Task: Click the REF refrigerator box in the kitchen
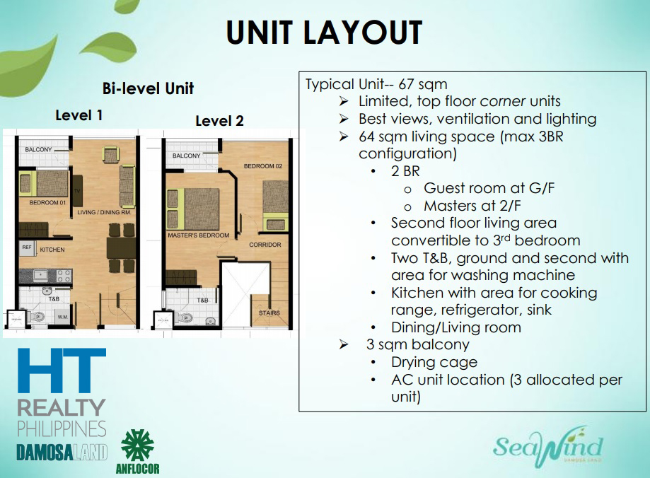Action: pos(27,247)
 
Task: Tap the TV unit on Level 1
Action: pos(77,191)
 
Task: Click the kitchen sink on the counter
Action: pos(40,275)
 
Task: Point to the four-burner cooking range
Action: pos(64,276)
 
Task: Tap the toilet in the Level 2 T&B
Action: pos(184,318)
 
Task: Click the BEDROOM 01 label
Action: pos(47,203)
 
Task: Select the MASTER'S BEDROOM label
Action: pos(198,235)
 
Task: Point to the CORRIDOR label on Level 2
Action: pos(265,245)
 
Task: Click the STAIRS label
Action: pos(269,313)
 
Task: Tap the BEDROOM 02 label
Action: pos(263,166)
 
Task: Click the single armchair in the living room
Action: pos(110,155)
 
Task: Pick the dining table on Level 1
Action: pos(121,247)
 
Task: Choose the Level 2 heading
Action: pos(219,121)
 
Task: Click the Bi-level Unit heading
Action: pos(148,88)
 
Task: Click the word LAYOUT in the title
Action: pos(363,33)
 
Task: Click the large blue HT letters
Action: pos(62,371)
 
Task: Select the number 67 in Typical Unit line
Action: pos(406,84)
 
